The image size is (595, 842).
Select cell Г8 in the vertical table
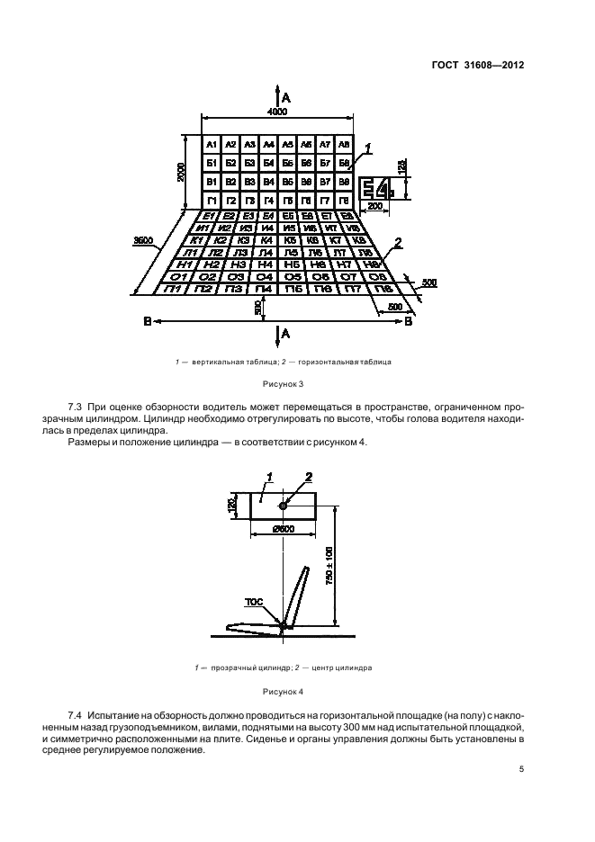(x=343, y=199)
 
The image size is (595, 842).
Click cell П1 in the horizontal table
(x=175, y=289)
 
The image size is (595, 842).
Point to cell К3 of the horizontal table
(x=242, y=240)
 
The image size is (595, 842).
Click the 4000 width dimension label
(x=276, y=112)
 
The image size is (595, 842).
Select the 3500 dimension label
(x=144, y=241)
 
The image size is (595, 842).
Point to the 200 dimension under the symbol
(x=374, y=207)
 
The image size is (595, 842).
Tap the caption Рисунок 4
(x=284, y=692)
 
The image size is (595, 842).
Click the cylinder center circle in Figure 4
(x=284, y=506)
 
